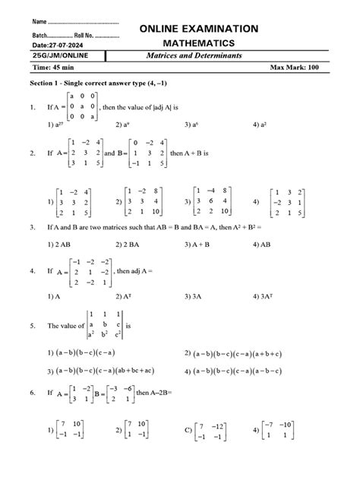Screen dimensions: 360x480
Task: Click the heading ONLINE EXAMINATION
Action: (x=199, y=28)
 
